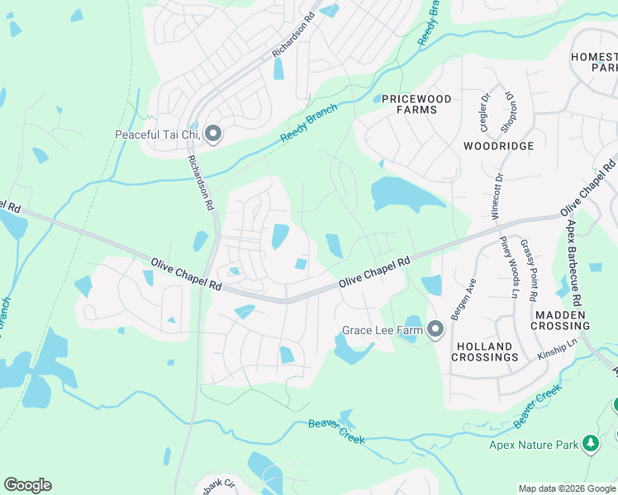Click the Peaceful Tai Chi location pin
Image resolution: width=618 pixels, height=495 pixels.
213,134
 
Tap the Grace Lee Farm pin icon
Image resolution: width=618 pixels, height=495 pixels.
435,331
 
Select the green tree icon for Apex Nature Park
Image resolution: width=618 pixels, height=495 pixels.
590,444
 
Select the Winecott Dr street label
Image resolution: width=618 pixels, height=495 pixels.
497,195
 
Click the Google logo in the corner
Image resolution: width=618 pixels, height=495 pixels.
27,485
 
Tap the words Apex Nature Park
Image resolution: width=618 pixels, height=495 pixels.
530,444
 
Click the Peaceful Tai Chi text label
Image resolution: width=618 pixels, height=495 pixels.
157,134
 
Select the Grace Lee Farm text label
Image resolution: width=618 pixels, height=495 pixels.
382,331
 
